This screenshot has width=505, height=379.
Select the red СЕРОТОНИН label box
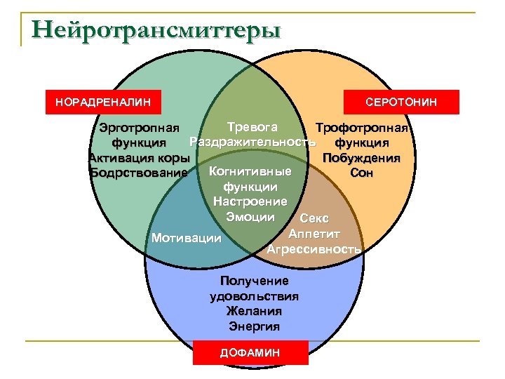coord(401,102)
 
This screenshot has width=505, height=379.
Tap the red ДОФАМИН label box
coord(250,353)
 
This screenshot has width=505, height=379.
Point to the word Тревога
coord(252,127)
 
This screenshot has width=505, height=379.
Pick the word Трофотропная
coord(362,129)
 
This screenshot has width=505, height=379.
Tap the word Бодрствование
coord(139,172)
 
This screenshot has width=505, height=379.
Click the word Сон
coord(362,172)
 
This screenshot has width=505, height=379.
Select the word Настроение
coord(250,202)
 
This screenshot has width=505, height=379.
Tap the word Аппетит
coord(314,233)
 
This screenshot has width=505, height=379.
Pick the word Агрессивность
coord(314,248)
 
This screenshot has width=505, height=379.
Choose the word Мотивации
coord(187,239)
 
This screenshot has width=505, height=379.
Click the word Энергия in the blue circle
coord(254,326)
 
